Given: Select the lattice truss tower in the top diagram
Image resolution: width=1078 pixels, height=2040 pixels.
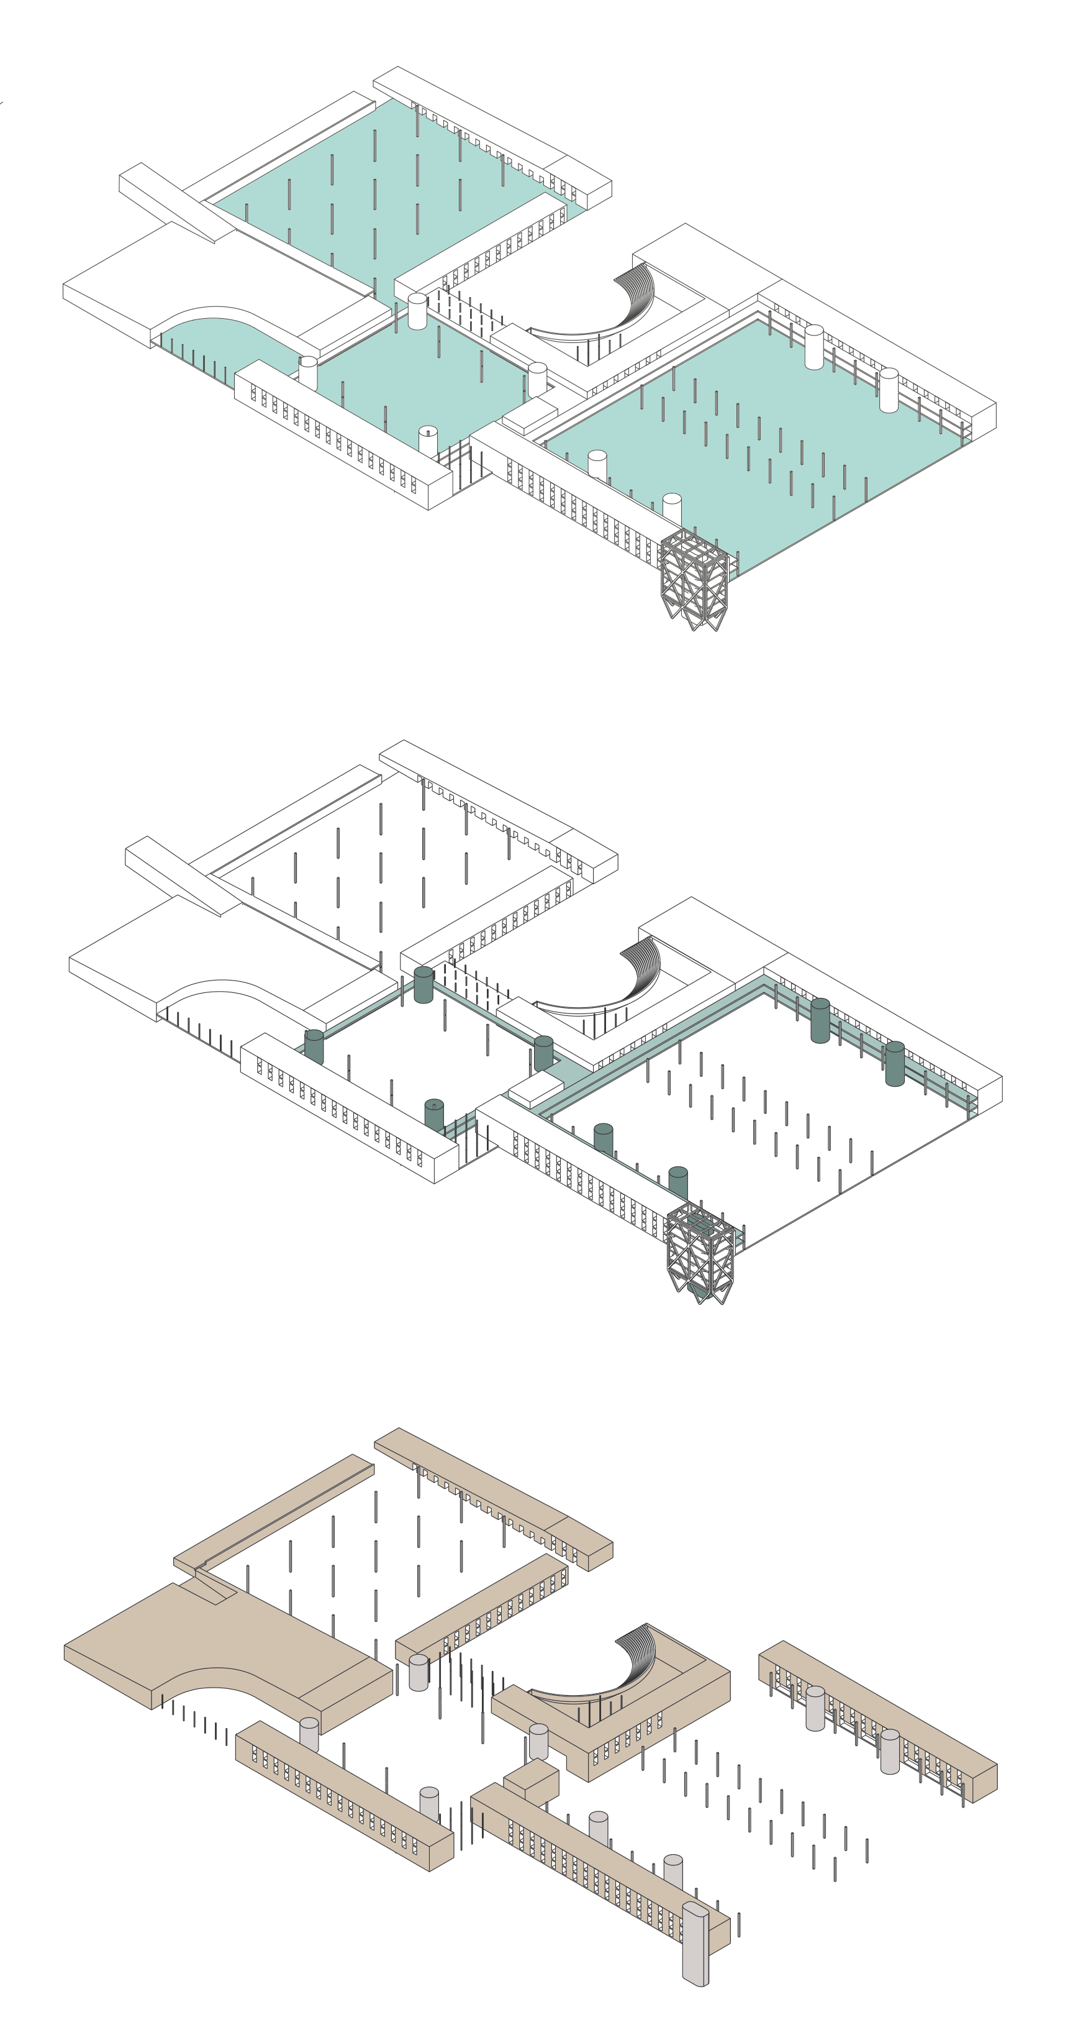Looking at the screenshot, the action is click(x=694, y=578).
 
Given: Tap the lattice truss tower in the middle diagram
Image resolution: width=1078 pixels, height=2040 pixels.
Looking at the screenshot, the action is click(x=700, y=1252).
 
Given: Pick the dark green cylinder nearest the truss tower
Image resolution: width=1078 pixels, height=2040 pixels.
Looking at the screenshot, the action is click(x=677, y=1183).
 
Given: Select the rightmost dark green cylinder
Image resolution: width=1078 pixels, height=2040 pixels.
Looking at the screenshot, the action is click(x=894, y=1063).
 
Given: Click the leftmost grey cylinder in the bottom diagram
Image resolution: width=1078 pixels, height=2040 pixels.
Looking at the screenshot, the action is click(x=309, y=1734).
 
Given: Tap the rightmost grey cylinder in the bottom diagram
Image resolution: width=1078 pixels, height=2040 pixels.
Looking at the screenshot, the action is click(x=890, y=1751).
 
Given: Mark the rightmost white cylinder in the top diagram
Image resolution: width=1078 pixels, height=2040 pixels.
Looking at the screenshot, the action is click(x=889, y=390).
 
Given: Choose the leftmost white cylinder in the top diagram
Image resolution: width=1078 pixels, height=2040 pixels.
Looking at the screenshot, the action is click(x=308, y=372).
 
